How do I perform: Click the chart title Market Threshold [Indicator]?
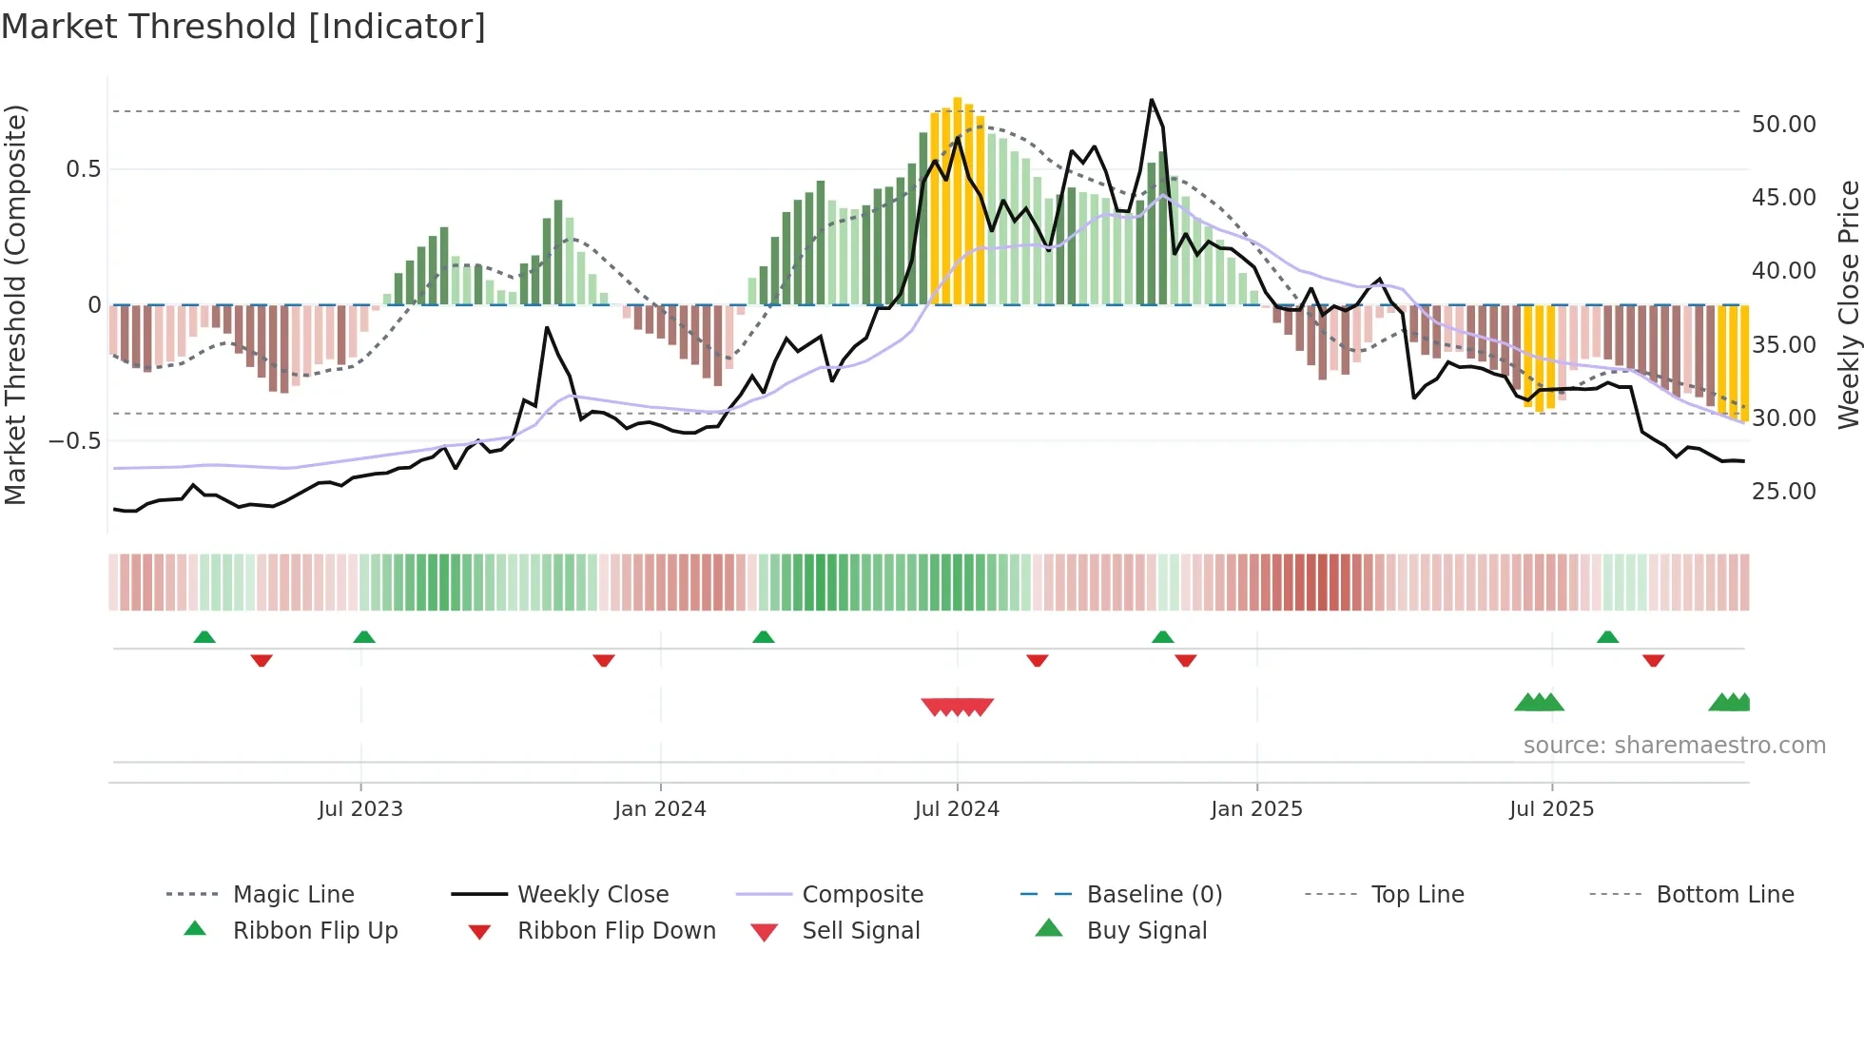[243, 27]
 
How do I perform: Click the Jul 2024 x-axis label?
[957, 809]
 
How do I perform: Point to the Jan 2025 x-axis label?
[1256, 809]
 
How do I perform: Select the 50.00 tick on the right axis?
[1783, 125]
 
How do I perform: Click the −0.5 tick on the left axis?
[74, 441]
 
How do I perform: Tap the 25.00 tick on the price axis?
[1783, 492]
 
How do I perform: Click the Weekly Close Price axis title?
[1848, 304]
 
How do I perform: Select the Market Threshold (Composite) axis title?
[15, 304]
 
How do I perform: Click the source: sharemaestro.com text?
[1674, 746]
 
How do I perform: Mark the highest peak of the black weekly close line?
[1152, 100]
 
